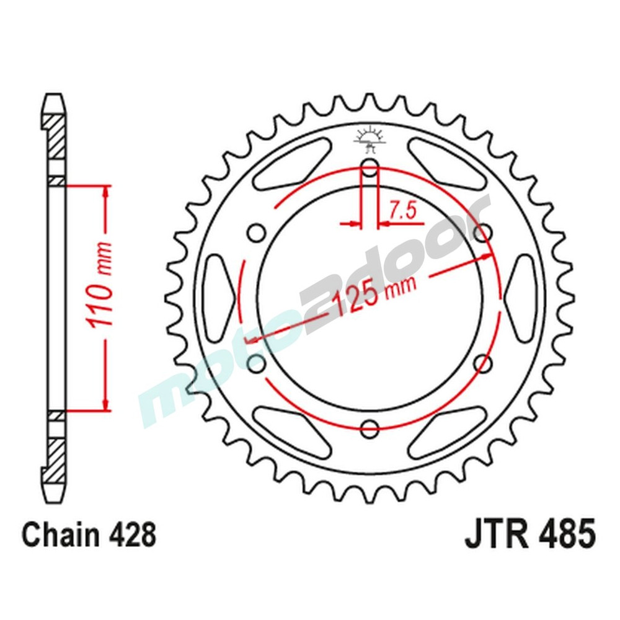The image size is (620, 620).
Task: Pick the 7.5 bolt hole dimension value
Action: (x=402, y=211)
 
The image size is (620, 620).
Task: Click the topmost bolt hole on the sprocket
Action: (x=370, y=167)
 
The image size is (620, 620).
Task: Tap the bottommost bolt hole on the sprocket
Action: (x=370, y=427)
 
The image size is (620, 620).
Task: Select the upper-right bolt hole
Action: (x=483, y=232)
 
